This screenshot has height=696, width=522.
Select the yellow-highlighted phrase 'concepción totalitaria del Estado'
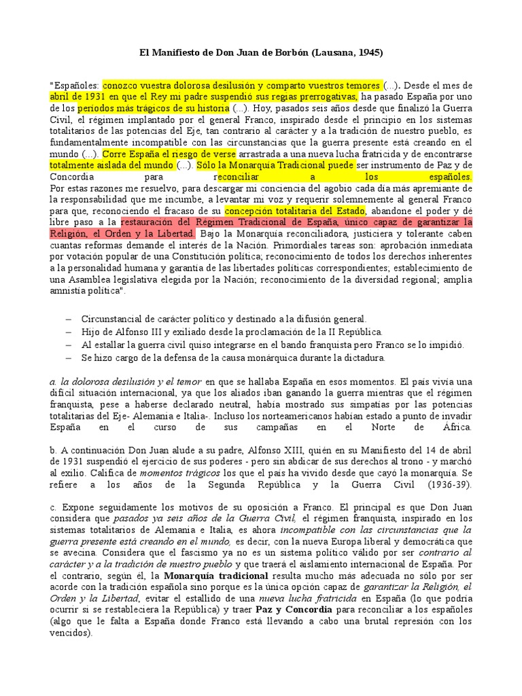pyautogui.click(x=283, y=211)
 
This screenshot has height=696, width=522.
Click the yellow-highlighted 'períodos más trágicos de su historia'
pyautogui.click(x=153, y=108)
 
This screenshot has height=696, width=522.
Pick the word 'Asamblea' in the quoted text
pyautogui.click(x=89, y=281)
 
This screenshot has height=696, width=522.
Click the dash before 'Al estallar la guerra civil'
pyautogui.click(x=69, y=345)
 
